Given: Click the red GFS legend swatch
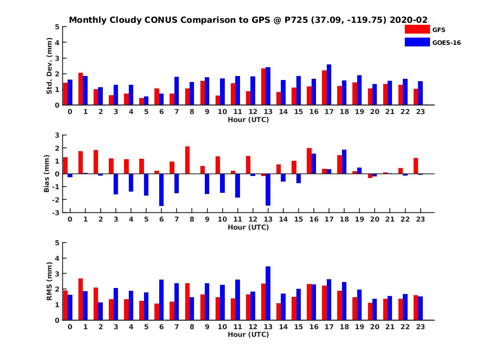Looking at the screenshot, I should (x=417, y=29).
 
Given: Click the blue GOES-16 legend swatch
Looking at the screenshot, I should (x=417, y=42).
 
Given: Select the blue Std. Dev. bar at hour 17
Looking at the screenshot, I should (x=329, y=85).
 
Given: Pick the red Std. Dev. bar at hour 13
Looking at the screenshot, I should (x=263, y=87).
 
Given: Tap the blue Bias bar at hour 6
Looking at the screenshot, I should (x=161, y=190).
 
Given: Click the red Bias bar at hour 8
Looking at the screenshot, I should (x=187, y=160).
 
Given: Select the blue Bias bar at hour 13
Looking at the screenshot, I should (x=268, y=190).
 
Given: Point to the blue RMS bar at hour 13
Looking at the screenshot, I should (x=268, y=293).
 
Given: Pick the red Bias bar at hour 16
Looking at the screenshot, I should (x=309, y=161).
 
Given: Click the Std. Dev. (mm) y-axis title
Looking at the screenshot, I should (x=50, y=66).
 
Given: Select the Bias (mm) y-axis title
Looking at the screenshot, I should (x=46, y=174).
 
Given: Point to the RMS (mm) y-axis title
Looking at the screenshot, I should (x=50, y=281).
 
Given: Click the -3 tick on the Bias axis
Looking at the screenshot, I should (x=57, y=212).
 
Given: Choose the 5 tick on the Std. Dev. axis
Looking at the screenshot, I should (x=58, y=27).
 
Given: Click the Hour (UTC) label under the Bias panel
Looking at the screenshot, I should (x=248, y=227).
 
